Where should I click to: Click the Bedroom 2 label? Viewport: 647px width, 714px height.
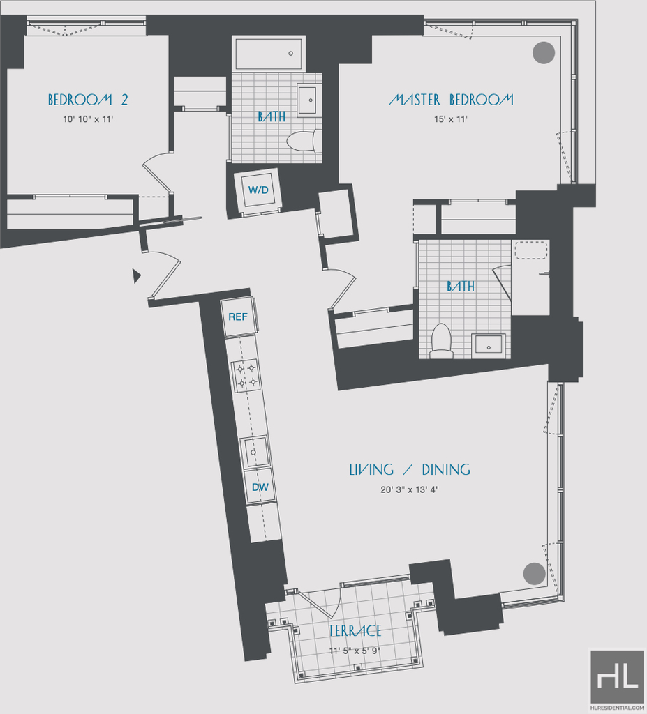tap(88, 100)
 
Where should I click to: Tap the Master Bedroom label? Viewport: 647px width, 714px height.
tap(451, 100)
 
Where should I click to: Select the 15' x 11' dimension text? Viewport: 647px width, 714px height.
tap(451, 119)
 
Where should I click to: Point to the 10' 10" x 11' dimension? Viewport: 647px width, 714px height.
tap(88, 119)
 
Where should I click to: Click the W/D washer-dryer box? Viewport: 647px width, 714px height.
tap(258, 190)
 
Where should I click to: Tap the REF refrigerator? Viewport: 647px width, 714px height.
tap(238, 317)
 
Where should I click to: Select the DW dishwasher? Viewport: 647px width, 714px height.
tap(260, 487)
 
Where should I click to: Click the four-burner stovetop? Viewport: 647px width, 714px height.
tap(246, 376)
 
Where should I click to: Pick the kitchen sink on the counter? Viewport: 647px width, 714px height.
tap(254, 452)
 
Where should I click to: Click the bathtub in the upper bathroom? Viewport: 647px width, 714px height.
tap(269, 54)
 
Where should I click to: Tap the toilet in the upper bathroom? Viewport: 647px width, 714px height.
tap(304, 141)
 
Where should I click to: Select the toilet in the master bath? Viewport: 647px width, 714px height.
tap(441, 340)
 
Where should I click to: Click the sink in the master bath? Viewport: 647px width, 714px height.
tap(489, 344)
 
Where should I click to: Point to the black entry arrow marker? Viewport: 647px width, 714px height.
tap(137, 276)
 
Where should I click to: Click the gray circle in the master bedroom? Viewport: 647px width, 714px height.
tap(544, 52)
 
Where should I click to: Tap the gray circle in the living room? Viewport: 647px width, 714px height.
tap(535, 574)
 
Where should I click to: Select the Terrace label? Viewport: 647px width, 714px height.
tap(355, 631)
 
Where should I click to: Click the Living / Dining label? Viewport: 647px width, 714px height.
tap(410, 469)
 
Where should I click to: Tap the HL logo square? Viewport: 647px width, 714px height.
tap(617, 676)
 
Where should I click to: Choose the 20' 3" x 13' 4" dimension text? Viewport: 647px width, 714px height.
tap(410, 490)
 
